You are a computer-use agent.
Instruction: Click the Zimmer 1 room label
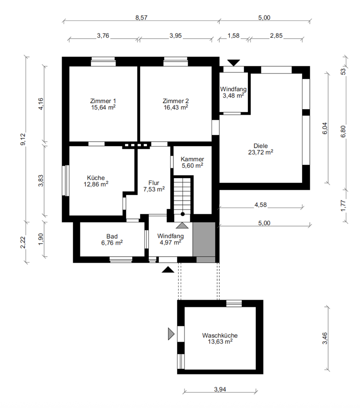click(x=103, y=101)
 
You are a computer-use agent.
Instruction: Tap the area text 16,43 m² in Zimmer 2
click(x=176, y=108)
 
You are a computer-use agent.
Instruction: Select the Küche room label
click(x=96, y=178)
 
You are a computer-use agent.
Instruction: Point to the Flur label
click(x=154, y=183)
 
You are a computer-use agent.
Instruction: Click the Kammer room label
click(x=193, y=159)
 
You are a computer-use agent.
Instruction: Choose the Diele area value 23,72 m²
click(x=261, y=152)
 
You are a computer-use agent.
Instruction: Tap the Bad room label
click(x=112, y=237)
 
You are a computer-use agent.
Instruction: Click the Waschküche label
click(x=220, y=335)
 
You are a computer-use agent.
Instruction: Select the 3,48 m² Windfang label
click(x=233, y=96)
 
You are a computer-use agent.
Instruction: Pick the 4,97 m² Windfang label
click(x=170, y=243)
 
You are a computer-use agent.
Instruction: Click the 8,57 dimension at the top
click(x=142, y=18)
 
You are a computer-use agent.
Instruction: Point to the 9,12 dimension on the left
click(x=23, y=139)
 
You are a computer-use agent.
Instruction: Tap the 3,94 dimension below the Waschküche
click(x=220, y=390)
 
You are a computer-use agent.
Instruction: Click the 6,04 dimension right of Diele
click(x=325, y=128)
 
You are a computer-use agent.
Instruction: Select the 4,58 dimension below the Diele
click(x=261, y=205)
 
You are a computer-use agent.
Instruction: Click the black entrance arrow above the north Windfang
click(x=233, y=63)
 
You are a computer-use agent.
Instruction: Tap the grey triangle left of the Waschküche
click(x=171, y=334)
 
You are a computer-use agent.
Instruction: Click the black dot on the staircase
click(x=183, y=214)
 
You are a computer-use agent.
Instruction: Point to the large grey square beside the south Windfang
click(x=204, y=239)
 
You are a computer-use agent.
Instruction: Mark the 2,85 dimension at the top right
click(x=276, y=36)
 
